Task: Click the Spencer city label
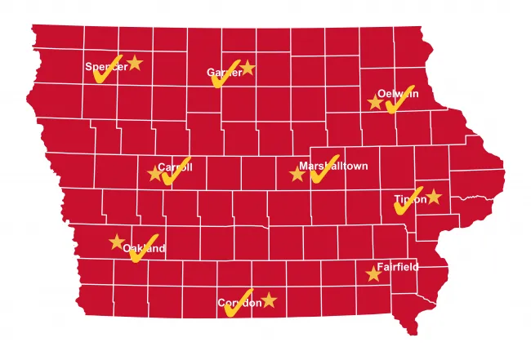[x=106, y=67]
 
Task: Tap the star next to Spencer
[x=135, y=63]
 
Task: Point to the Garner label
[x=225, y=73]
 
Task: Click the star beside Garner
[x=248, y=69]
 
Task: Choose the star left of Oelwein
[x=375, y=102]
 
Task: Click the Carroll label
[x=175, y=167]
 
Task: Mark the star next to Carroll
[x=154, y=173]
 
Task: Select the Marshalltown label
[x=333, y=166]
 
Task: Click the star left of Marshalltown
[x=297, y=174]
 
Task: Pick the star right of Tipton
[x=434, y=197]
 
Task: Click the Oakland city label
[x=145, y=248]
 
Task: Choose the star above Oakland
[x=117, y=242]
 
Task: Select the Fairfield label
[x=397, y=267]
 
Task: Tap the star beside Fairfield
[x=374, y=274]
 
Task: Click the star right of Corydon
[x=270, y=300]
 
